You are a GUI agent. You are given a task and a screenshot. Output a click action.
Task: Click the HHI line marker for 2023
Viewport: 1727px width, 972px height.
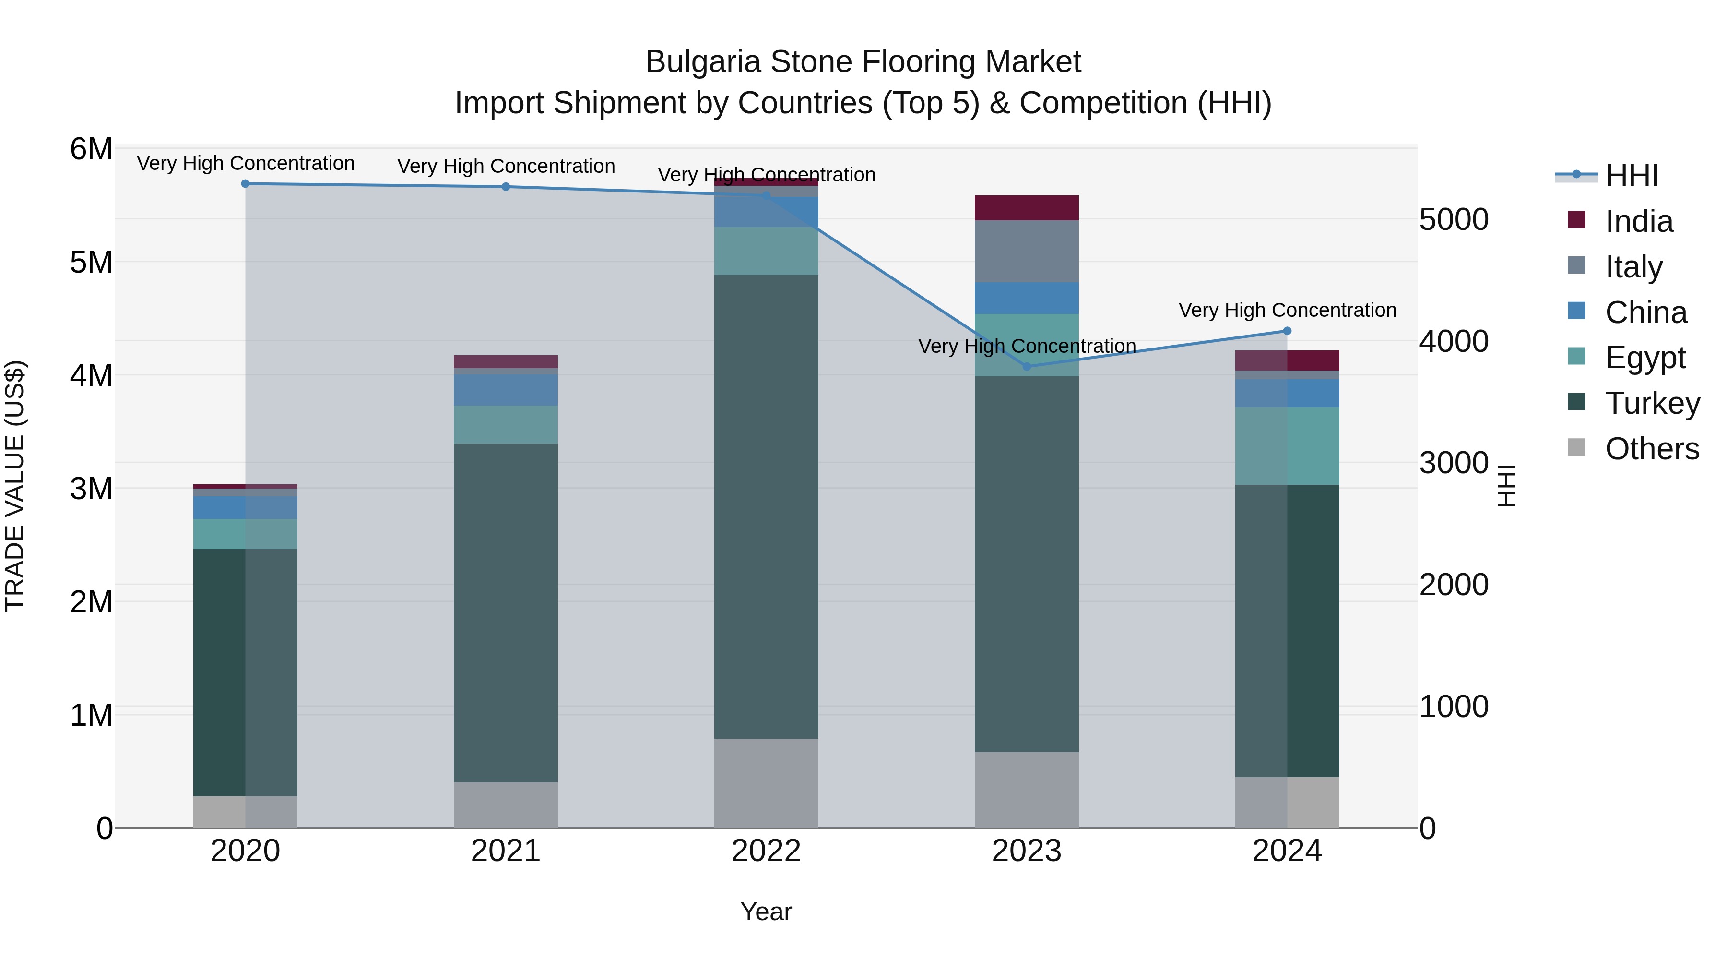(1027, 366)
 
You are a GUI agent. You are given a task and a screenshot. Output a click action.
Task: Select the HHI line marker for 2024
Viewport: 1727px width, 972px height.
(1287, 331)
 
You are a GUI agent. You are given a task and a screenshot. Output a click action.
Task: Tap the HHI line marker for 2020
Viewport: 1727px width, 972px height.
(245, 184)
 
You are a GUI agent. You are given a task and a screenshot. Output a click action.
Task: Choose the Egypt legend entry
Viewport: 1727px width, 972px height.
(1644, 358)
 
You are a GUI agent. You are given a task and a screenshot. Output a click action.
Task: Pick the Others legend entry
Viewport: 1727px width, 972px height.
(1651, 449)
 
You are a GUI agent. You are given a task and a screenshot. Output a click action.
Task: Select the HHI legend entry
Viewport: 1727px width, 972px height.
(1631, 176)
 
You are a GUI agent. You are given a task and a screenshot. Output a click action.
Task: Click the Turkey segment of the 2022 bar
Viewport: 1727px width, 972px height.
(766, 506)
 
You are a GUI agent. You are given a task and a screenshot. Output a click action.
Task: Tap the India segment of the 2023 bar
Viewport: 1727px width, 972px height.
(1027, 208)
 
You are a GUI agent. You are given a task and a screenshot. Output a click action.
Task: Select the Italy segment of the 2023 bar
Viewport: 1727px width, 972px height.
(1027, 252)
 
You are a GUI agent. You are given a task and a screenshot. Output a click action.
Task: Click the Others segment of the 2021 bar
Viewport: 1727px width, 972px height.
(506, 804)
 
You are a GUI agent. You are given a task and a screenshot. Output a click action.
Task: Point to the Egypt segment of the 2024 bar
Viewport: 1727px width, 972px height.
(1287, 445)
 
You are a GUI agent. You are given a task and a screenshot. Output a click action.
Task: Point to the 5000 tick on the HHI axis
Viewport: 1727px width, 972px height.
(1454, 220)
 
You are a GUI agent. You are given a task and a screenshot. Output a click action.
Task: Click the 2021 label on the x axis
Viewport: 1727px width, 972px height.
(506, 851)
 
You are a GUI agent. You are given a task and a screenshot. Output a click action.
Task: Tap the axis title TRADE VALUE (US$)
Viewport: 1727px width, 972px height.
(15, 486)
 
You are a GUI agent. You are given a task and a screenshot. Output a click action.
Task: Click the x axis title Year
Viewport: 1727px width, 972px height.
(766, 912)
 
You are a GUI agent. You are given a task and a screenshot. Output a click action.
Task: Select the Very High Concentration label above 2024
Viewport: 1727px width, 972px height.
(1287, 310)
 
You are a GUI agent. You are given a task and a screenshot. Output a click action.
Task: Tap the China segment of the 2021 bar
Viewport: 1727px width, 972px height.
(506, 390)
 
